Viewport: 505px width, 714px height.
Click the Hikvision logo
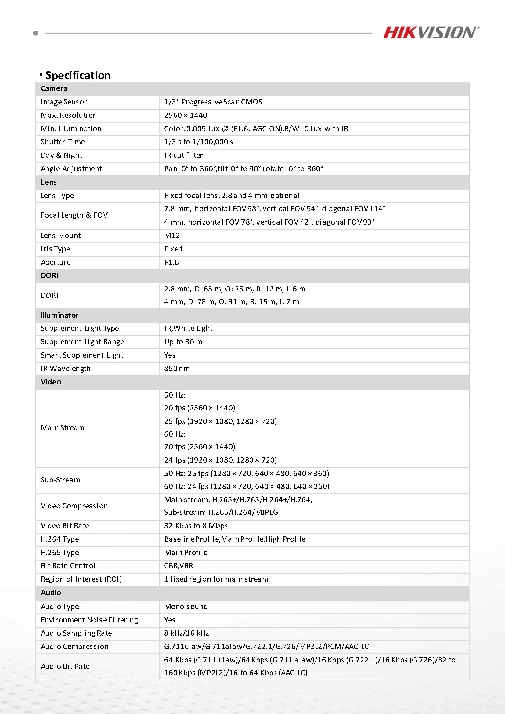(x=431, y=33)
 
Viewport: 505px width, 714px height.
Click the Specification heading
(x=78, y=75)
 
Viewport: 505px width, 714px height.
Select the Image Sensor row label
(x=64, y=102)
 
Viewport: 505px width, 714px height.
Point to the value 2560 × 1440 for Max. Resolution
(x=186, y=115)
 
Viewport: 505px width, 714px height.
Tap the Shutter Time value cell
(x=198, y=142)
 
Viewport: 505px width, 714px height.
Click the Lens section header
(x=49, y=182)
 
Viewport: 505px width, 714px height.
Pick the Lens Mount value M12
(x=172, y=236)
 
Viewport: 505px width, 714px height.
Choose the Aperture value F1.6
(x=171, y=262)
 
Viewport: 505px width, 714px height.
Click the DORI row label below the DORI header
(x=49, y=295)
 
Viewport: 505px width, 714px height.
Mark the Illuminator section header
(x=60, y=315)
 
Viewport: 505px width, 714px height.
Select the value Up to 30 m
(x=183, y=341)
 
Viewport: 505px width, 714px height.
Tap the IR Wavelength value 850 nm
(x=177, y=369)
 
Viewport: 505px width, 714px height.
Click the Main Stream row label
(x=63, y=427)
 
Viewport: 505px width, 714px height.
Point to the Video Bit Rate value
(x=196, y=525)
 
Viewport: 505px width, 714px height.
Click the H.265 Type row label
(x=60, y=552)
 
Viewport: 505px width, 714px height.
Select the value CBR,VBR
(x=179, y=566)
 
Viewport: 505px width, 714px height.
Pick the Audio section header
(x=51, y=593)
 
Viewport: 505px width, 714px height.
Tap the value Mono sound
(x=186, y=606)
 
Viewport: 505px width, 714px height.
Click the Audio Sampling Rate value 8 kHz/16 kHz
(x=186, y=633)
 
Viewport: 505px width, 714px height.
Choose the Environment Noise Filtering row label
(x=89, y=620)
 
